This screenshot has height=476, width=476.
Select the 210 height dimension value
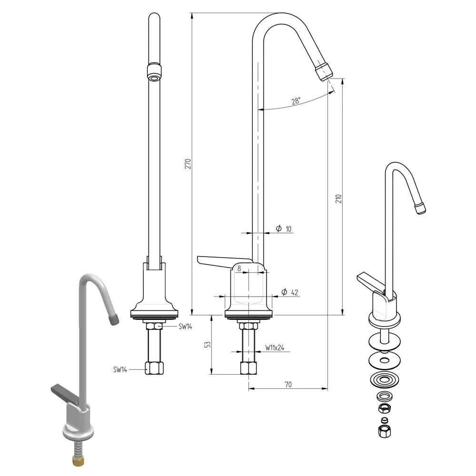pos(338,198)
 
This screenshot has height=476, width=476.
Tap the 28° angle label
pos(296,101)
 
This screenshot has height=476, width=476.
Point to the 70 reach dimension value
pos(288,384)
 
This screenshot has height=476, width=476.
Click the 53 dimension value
pos(207,344)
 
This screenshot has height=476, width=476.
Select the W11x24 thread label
pos(275,348)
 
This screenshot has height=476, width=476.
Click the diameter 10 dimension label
pos(284,229)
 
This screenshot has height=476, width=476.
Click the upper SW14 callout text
pos(185,327)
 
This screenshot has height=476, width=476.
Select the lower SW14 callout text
pos(120,369)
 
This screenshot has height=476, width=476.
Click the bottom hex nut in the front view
pos(154,368)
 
